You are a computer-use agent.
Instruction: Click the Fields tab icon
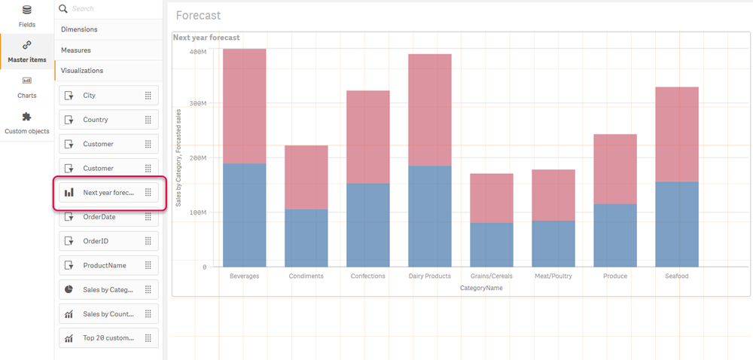click(27, 11)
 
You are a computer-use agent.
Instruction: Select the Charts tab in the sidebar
click(27, 81)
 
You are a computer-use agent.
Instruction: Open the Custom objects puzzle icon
click(27, 117)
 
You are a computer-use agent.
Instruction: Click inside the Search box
click(113, 9)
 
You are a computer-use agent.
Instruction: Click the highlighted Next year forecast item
click(108, 193)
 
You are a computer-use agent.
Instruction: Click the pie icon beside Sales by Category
click(69, 290)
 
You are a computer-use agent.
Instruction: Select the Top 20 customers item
click(108, 338)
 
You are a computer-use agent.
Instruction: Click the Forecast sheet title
click(198, 16)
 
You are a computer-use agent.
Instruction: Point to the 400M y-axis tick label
click(198, 52)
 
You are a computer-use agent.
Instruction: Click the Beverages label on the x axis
click(244, 276)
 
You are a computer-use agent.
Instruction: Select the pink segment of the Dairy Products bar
click(429, 110)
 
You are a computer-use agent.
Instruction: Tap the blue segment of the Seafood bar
click(676, 224)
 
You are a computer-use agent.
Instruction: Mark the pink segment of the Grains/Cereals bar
click(491, 198)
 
